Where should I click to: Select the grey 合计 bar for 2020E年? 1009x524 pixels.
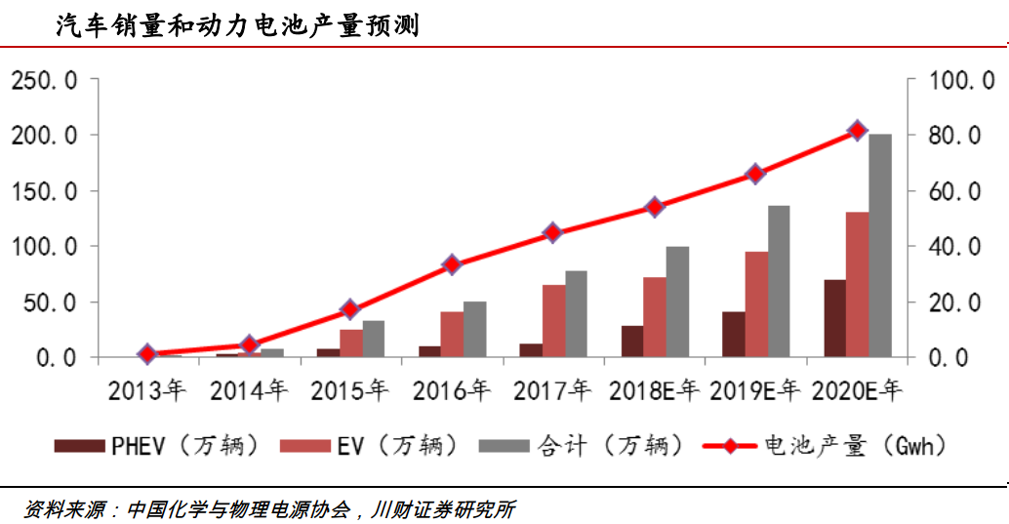pos(880,245)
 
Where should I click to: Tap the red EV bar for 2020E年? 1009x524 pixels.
pos(857,284)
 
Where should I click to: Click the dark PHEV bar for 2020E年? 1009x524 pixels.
pos(834,318)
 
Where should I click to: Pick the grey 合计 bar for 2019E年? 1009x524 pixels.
pos(779,281)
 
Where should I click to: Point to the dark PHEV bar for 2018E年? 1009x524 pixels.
pos(632,341)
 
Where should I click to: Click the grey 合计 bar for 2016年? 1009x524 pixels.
pos(475,330)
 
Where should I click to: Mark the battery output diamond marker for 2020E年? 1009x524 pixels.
pos(857,130)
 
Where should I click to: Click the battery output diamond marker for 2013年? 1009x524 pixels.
pos(147,354)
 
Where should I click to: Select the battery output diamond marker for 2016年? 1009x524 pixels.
pos(452,264)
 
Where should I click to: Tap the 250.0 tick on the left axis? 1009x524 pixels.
pos(43,80)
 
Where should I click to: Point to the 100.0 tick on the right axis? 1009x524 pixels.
pos(947,80)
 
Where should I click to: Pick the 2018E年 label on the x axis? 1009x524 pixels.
pos(655,392)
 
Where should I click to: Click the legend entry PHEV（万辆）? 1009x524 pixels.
pos(160,447)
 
